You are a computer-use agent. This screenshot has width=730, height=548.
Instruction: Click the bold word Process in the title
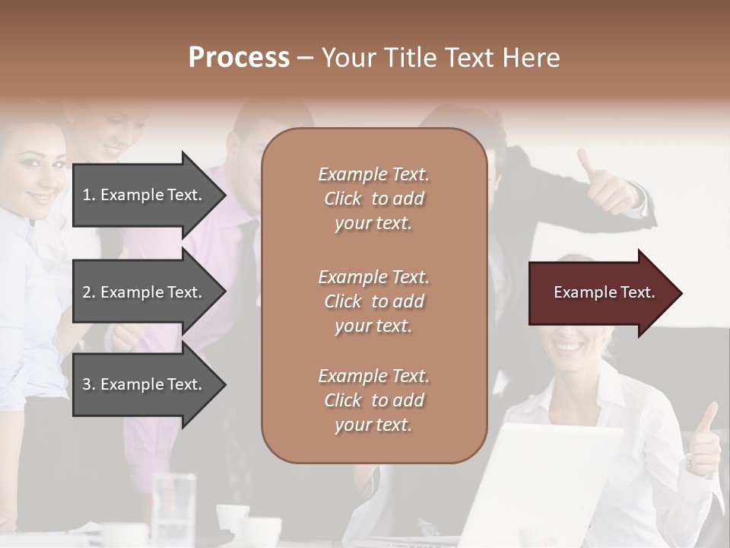pos(239,58)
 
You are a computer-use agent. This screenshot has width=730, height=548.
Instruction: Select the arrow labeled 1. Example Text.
pos(144,195)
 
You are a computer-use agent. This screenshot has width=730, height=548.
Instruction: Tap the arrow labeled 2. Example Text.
pos(144,292)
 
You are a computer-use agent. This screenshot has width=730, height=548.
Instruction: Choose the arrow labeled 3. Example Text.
pos(144,384)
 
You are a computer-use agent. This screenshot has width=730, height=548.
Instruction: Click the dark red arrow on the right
pos(601,293)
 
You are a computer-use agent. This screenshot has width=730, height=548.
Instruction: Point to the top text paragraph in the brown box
pos(373,199)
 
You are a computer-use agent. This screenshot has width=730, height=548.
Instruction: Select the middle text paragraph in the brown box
pos(373,301)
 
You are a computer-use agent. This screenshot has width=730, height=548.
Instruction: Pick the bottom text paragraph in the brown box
pos(373,400)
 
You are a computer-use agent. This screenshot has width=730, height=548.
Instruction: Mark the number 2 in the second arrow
pos(87,292)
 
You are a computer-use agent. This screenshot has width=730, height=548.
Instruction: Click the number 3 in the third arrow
pos(87,384)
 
